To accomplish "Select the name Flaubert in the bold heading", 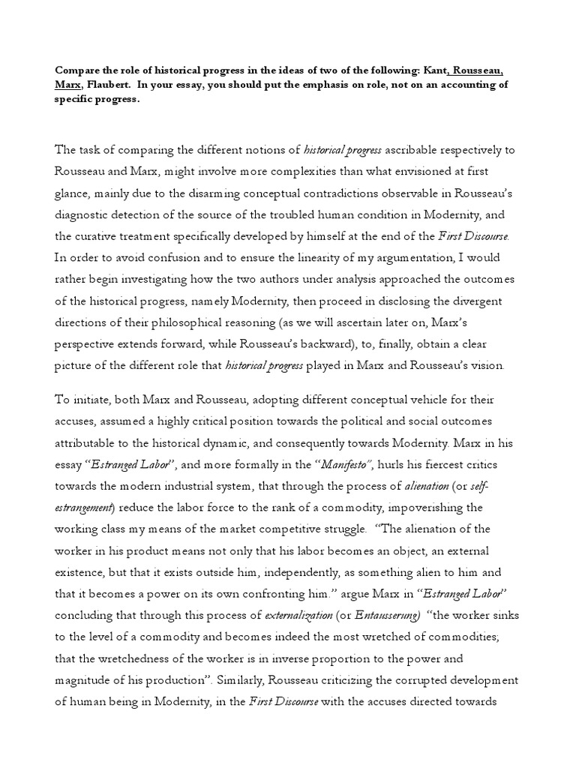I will click(109, 85).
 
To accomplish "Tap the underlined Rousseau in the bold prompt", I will click(476, 71).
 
